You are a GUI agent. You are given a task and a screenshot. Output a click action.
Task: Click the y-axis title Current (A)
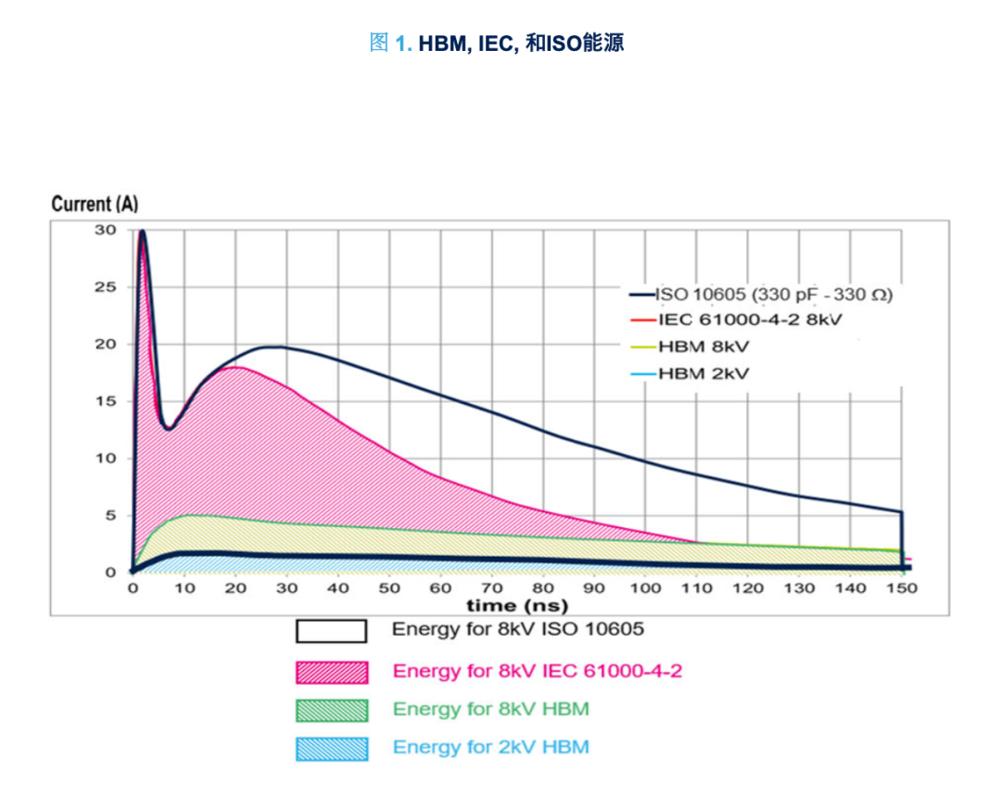95,204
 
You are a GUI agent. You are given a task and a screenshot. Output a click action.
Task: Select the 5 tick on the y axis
109,515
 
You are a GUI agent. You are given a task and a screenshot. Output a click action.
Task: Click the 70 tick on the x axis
491,587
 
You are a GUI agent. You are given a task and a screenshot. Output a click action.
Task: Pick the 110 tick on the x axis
697,587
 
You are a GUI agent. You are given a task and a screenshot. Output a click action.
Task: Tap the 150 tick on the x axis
902,587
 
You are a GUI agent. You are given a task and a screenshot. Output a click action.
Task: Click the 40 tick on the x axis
337,587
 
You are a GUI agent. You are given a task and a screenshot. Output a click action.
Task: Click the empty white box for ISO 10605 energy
331,631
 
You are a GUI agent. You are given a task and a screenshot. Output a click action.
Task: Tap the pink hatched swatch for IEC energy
331,672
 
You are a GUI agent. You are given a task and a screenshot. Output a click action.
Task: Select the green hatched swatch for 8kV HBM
331,711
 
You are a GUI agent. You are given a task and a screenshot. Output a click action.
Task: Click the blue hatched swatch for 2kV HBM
331,749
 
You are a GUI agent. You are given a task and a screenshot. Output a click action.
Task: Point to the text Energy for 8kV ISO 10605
517,630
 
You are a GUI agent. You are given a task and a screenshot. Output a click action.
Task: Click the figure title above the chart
497,44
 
